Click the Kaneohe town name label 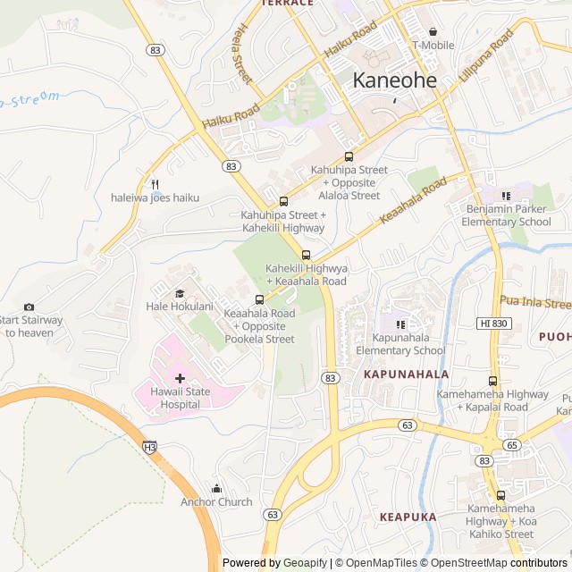pos(394,80)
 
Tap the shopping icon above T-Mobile pos(433,31)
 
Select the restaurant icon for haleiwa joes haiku pos(155,183)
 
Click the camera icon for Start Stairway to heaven pos(29,307)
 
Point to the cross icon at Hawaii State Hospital pos(180,379)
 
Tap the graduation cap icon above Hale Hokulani pos(179,293)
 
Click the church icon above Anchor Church pos(216,488)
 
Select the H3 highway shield pos(149,445)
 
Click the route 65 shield pos(511,444)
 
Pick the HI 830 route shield pos(492,323)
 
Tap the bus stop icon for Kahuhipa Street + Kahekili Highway pos(282,201)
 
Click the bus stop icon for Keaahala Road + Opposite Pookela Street pos(259,299)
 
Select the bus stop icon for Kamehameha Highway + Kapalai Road pos(492,380)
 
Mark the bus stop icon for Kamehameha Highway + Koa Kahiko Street pos(500,494)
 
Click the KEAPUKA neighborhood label pos(408,517)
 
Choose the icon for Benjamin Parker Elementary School pos(506,195)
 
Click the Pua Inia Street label pos(534,302)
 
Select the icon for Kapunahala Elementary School pos(400,324)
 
